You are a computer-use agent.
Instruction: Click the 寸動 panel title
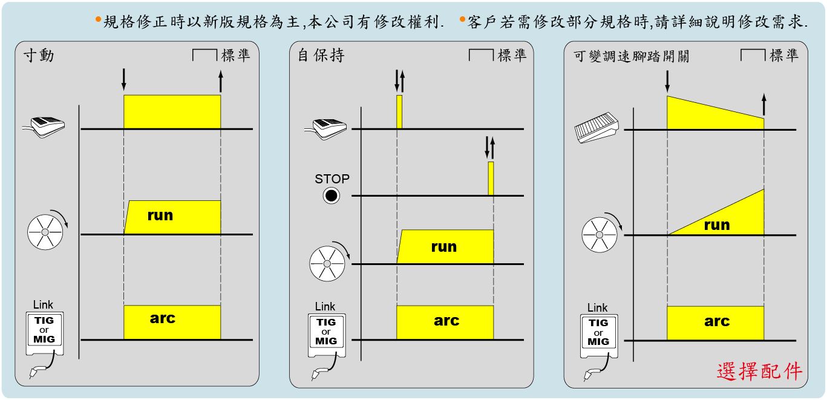coord(39,56)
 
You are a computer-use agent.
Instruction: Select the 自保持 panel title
coord(321,56)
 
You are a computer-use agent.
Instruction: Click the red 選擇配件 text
coord(760,371)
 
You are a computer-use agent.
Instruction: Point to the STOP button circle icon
coord(332,195)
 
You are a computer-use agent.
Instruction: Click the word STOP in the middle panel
coord(332,179)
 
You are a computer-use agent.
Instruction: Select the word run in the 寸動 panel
coord(160,215)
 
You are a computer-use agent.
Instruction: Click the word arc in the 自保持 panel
coord(446,321)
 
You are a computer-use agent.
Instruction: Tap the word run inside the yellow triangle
coord(717,225)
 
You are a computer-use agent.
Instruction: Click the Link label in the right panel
coord(597,307)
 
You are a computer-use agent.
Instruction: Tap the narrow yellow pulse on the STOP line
coord(491,178)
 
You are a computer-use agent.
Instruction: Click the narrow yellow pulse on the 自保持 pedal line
coord(399,111)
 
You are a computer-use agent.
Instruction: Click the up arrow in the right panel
coord(763,104)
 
